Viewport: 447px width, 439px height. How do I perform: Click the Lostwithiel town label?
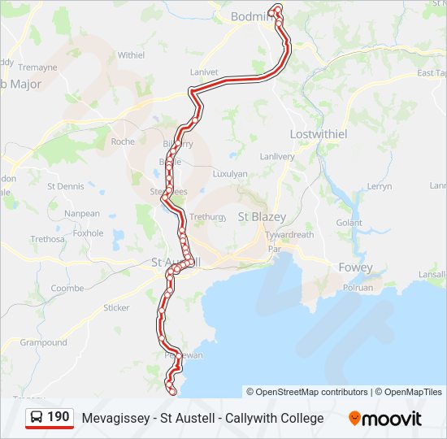pos(319,133)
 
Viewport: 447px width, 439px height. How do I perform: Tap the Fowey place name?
pos(355,267)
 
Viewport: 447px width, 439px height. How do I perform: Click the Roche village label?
pos(123,141)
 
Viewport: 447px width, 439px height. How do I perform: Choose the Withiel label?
pos(131,55)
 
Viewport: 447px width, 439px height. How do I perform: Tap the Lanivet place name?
pos(204,72)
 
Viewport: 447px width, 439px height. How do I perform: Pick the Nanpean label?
pos(82,214)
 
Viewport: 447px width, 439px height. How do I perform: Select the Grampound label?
pos(43,342)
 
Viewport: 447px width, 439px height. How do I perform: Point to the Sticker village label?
pos(116,307)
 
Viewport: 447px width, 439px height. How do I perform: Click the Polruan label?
pos(358,288)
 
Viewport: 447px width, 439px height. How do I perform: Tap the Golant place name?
pos(349,223)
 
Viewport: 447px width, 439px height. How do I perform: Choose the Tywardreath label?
pos(289,234)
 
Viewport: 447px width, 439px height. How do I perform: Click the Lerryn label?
pos(379,186)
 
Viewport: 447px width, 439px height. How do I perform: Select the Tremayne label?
pos(37,67)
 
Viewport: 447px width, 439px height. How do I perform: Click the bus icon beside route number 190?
pos(37,418)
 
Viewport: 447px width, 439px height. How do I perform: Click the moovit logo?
pos(385,419)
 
